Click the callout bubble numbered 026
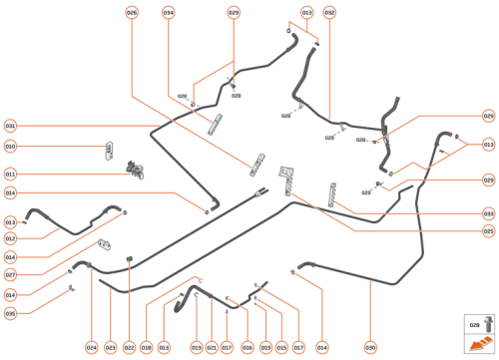[x=132, y=12]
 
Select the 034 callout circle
[x=168, y=12]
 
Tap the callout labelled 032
[x=329, y=12]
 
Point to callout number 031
[x=10, y=126]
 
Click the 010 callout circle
[x=10, y=147]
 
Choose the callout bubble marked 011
[x=10, y=174]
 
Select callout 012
[x=10, y=238]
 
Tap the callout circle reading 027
[x=10, y=274]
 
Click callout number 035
[x=10, y=313]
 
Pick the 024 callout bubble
[x=91, y=347]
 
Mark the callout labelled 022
[x=129, y=347]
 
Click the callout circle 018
[x=146, y=347]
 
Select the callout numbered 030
[x=370, y=347]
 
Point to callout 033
[x=488, y=213]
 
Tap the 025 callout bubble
[x=488, y=230]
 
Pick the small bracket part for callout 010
[x=108, y=151]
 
